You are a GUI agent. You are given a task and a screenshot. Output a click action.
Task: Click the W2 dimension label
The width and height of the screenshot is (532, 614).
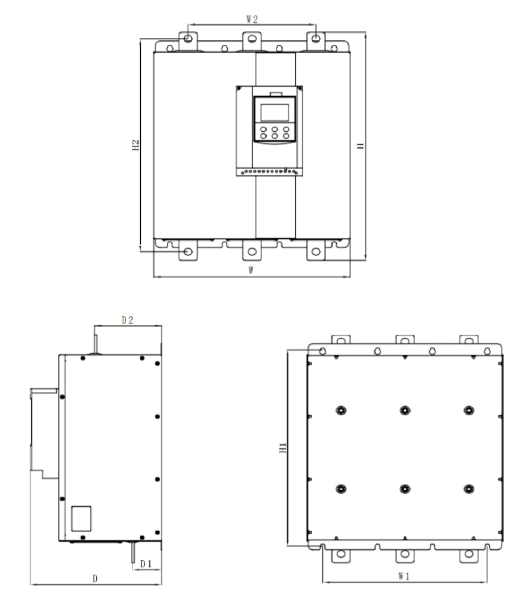pyautogui.click(x=251, y=19)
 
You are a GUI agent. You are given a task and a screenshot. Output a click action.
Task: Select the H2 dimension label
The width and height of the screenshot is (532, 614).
pyautogui.click(x=135, y=145)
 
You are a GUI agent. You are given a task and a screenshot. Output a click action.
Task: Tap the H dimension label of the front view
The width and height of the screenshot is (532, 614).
pyautogui.click(x=360, y=146)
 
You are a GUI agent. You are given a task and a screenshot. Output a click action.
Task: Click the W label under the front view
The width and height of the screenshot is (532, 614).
pyautogui.click(x=251, y=270)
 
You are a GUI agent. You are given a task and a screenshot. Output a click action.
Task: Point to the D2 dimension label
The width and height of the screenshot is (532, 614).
pyautogui.click(x=127, y=320)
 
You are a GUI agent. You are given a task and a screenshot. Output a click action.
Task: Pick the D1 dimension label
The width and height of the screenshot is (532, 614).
pyautogui.click(x=146, y=563)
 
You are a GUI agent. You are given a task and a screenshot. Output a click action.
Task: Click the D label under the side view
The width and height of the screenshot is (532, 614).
pyautogui.click(x=95, y=578)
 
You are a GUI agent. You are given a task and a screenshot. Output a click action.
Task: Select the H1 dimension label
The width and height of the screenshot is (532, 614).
pyautogui.click(x=283, y=448)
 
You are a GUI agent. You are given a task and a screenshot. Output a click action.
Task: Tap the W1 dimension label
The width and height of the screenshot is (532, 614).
pyautogui.click(x=403, y=576)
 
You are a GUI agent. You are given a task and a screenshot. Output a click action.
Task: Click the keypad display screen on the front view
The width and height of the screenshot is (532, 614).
pyautogui.click(x=275, y=113)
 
